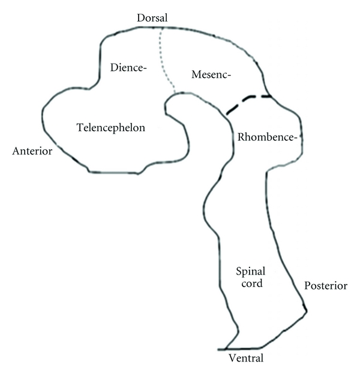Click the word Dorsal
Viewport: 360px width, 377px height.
(151, 18)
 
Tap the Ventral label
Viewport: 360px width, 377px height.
(246, 358)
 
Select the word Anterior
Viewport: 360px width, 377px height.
(32, 151)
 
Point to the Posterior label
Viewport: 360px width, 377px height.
(326, 286)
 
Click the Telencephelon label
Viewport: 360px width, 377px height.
(111, 127)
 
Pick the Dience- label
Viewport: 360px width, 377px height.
(128, 68)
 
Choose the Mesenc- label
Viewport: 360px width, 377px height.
(211, 74)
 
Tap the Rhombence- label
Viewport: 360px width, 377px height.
(267, 137)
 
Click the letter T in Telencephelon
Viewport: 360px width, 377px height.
(80, 127)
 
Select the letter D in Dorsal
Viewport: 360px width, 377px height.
(139, 18)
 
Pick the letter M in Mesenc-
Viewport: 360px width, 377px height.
(195, 74)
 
